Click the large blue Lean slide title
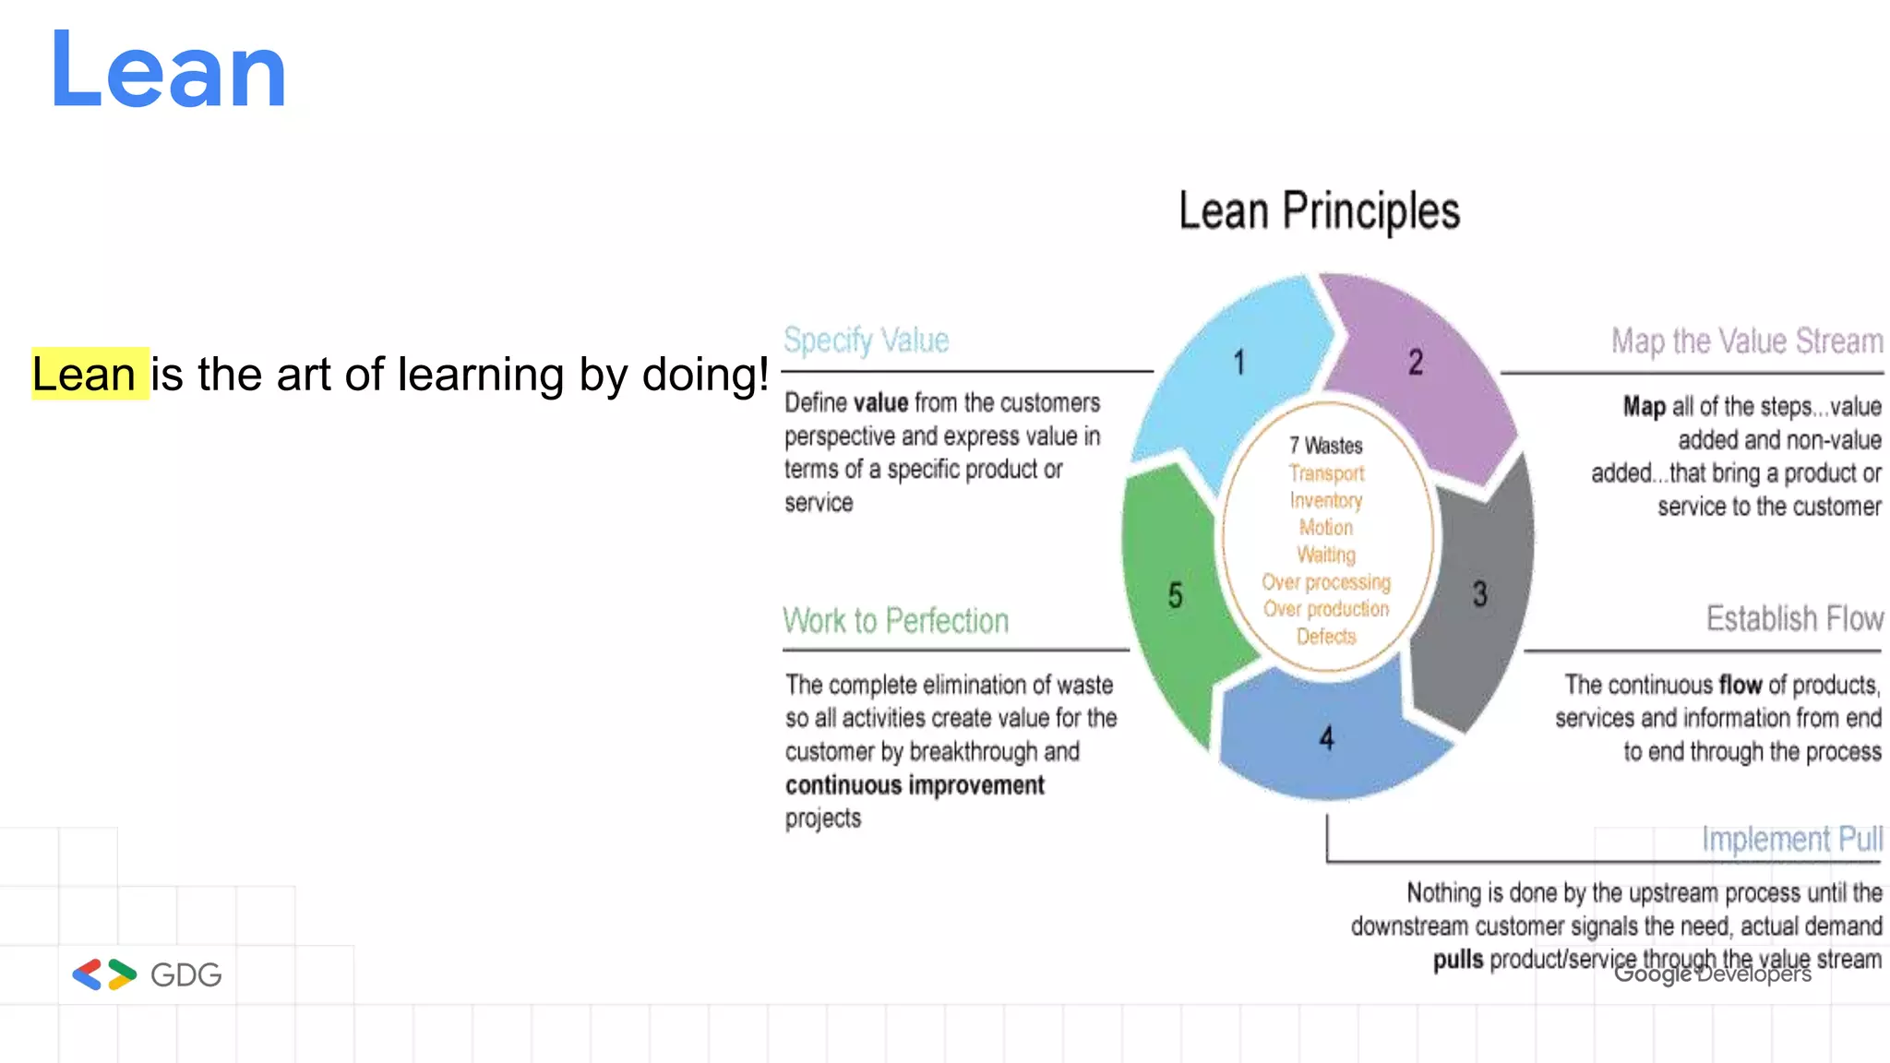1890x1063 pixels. (x=168, y=71)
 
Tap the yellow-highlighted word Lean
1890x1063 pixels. (x=85, y=374)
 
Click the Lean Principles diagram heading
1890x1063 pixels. (x=1319, y=211)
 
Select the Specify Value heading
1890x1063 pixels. (x=866, y=340)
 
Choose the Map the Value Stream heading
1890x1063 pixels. (x=1746, y=341)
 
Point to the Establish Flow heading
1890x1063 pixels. (x=1794, y=618)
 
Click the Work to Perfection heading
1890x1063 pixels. (x=895, y=620)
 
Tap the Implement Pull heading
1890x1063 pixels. (x=1791, y=839)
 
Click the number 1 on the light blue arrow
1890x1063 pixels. (x=1239, y=363)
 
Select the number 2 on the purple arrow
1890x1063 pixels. (x=1415, y=362)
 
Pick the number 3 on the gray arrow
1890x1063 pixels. (x=1479, y=594)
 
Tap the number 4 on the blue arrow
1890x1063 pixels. (x=1326, y=738)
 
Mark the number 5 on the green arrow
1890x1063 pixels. (x=1175, y=595)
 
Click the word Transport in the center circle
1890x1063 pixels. (x=1326, y=473)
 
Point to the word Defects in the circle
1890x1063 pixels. (x=1326, y=637)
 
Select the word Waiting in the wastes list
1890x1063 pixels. (x=1326, y=555)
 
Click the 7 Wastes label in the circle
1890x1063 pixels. (x=1326, y=446)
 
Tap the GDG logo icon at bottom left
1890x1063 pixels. (x=104, y=974)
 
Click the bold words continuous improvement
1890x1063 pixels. (x=915, y=785)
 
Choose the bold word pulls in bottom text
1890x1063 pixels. (x=1458, y=960)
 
